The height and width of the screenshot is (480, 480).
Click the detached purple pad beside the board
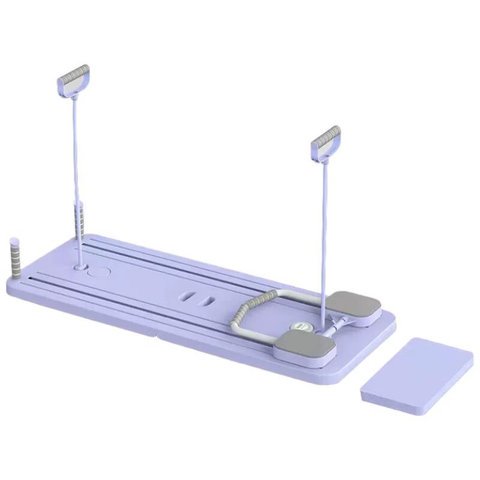click(x=416, y=374)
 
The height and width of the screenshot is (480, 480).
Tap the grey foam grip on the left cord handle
click(x=74, y=75)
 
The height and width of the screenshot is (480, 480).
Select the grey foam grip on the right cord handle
click(x=326, y=137)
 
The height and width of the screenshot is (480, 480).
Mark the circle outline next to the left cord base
click(x=98, y=272)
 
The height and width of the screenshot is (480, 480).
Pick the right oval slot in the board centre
click(x=207, y=299)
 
